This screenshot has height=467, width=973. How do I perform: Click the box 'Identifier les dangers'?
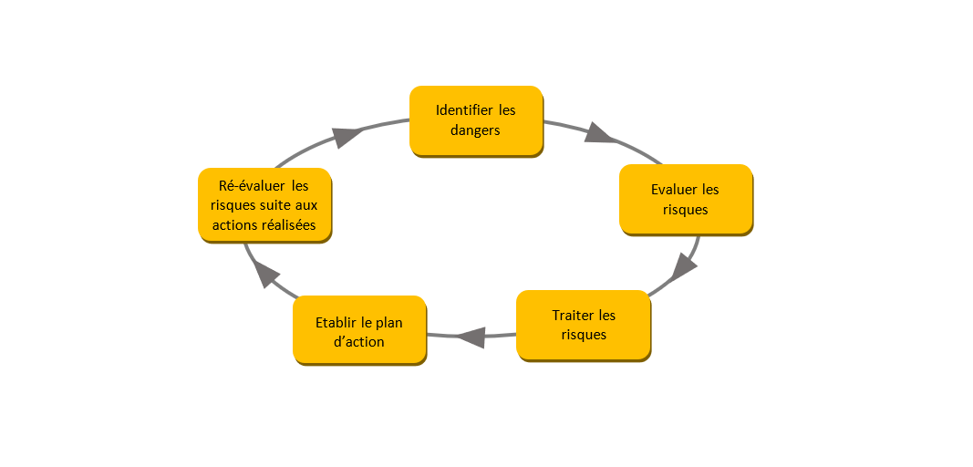476,120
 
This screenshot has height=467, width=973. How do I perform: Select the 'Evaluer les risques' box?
686,199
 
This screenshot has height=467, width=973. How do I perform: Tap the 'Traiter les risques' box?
584,325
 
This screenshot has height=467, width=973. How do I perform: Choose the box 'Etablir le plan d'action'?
359,331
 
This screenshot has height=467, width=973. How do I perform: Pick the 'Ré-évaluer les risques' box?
264,205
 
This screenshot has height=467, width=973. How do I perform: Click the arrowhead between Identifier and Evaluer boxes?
599,133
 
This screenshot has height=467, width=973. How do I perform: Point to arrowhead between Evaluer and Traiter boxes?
684,266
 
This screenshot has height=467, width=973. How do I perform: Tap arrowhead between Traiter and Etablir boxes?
471,337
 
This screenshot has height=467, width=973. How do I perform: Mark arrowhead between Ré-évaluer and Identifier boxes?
347,137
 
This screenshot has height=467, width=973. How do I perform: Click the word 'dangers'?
475,130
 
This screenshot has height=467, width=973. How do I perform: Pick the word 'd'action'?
358,342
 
